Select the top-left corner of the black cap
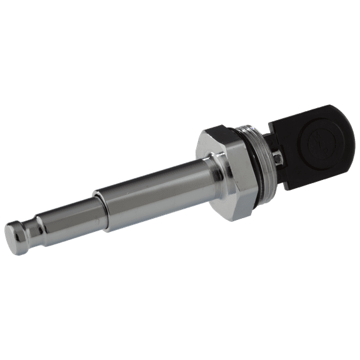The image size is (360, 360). [270, 125]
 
